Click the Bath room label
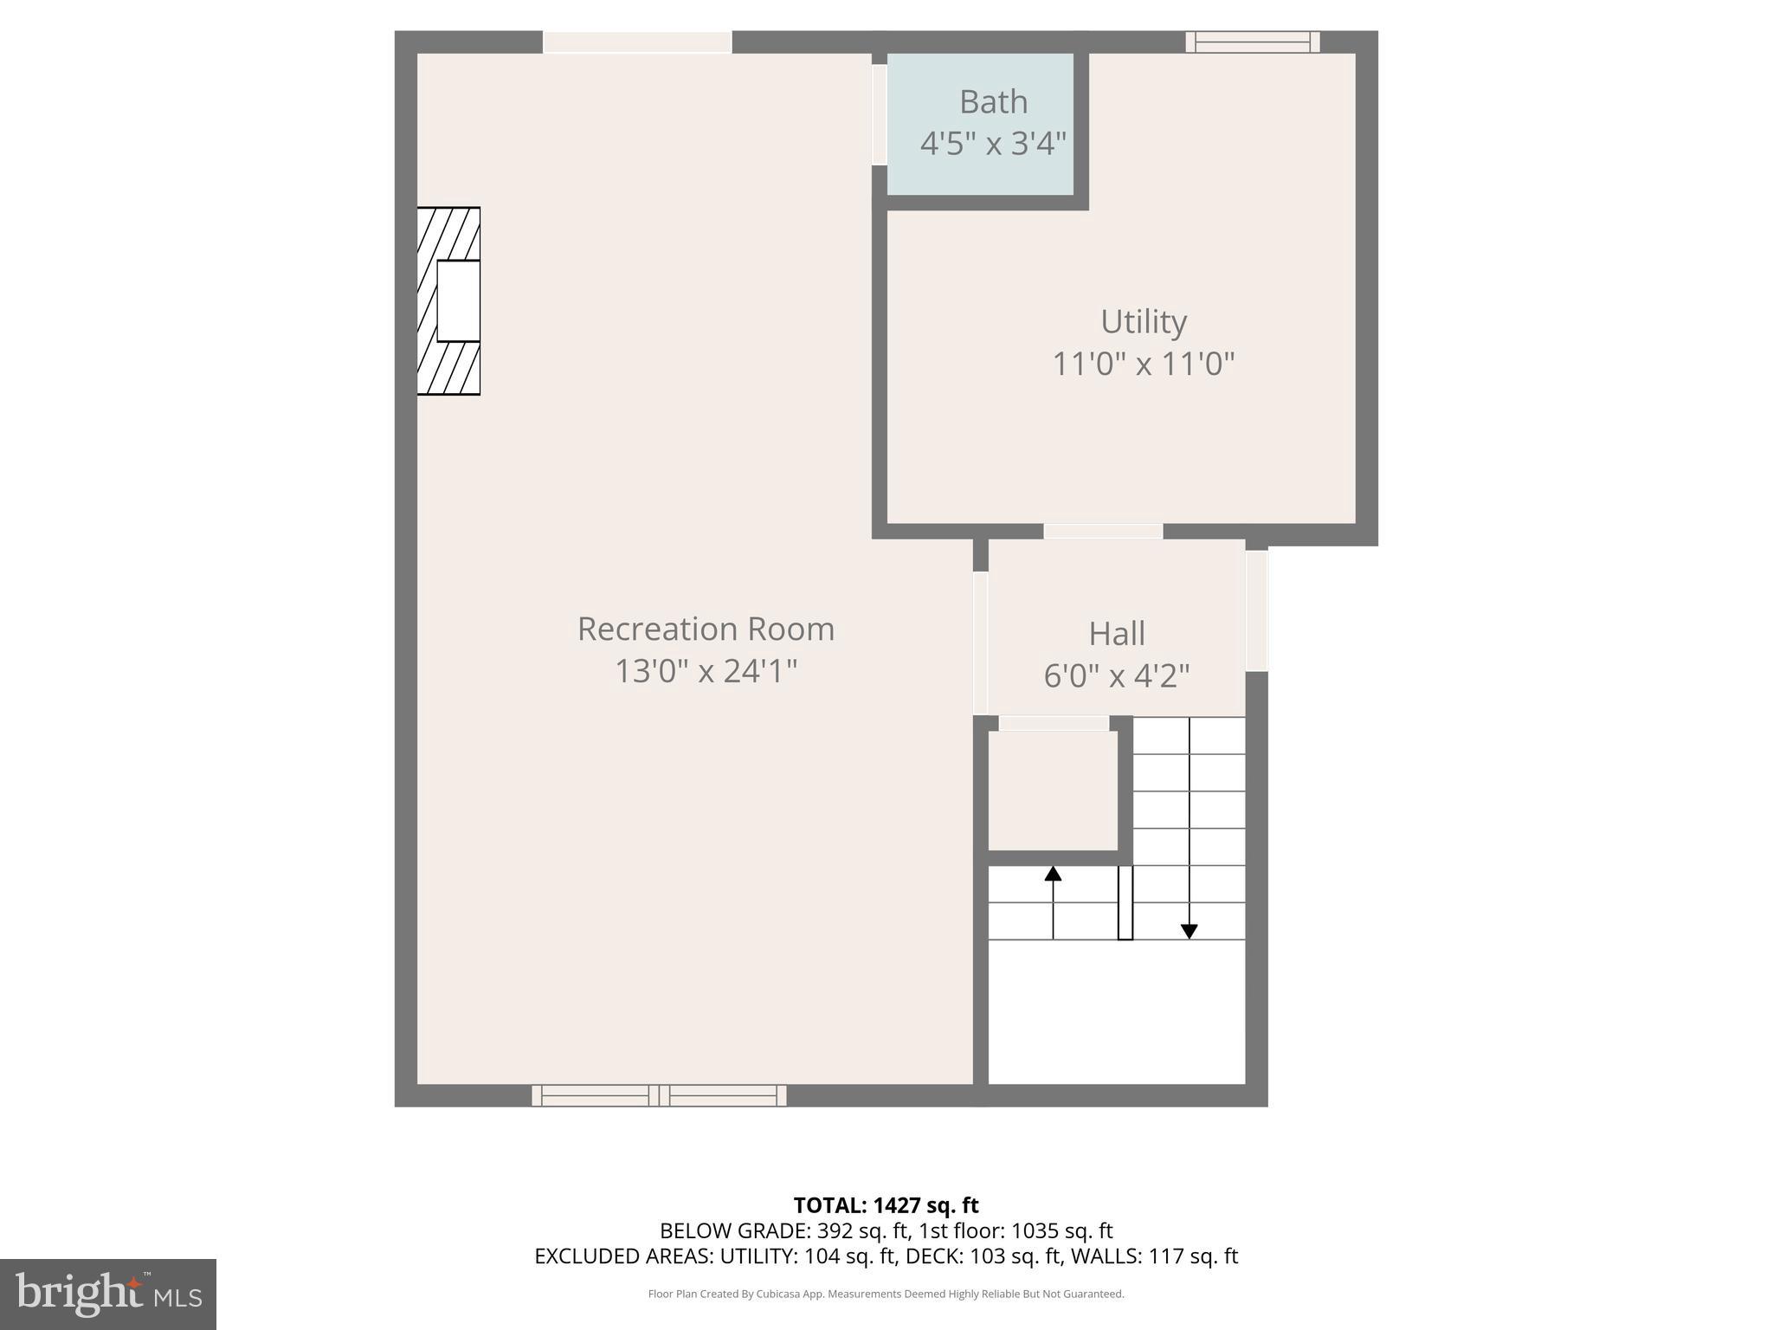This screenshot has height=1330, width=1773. tap(993, 102)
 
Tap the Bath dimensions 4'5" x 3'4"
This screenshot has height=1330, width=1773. tap(993, 144)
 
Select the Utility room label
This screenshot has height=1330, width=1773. tap(1143, 322)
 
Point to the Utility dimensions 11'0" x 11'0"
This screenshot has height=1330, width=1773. tap(1143, 364)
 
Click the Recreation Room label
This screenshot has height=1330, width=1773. tap(706, 629)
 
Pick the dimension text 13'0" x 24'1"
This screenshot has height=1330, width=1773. tap(706, 671)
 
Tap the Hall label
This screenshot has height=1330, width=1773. tap(1116, 634)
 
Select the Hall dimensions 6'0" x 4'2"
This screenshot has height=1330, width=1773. tap(1116, 675)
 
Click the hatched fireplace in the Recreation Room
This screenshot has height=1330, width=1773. tap(448, 301)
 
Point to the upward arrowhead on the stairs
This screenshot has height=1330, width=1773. tap(1053, 874)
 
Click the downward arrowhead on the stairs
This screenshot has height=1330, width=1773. tap(1189, 932)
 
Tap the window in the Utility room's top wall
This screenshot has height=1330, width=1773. tap(1252, 42)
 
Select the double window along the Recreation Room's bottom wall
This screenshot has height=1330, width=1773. tap(659, 1095)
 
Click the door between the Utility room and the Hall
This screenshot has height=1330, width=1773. tap(1102, 531)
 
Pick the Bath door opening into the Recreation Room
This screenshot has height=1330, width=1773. tap(879, 114)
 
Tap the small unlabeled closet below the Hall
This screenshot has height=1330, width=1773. tap(1053, 790)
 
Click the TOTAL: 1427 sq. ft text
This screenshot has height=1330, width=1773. tap(886, 1205)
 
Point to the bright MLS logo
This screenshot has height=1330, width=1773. tap(108, 1294)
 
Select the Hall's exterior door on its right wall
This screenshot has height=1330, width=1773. tap(1256, 610)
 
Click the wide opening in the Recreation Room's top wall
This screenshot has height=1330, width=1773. tap(637, 42)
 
